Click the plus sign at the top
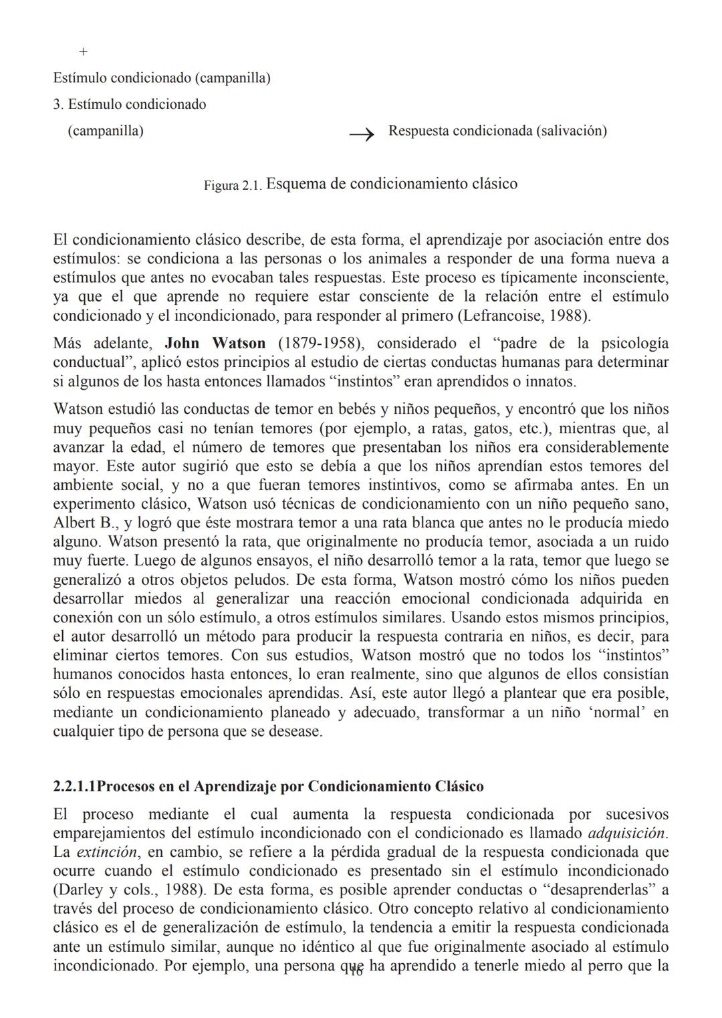83,52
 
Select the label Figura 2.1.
233,186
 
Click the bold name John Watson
215,344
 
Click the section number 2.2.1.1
74,786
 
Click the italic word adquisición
626,834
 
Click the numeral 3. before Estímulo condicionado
58,105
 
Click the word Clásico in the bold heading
459,786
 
